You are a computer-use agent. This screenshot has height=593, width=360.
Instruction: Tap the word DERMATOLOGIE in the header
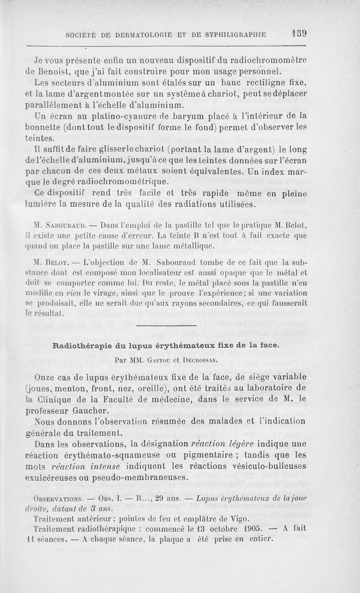[x=134, y=34]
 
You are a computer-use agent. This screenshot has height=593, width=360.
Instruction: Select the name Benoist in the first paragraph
[x=52, y=71]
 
